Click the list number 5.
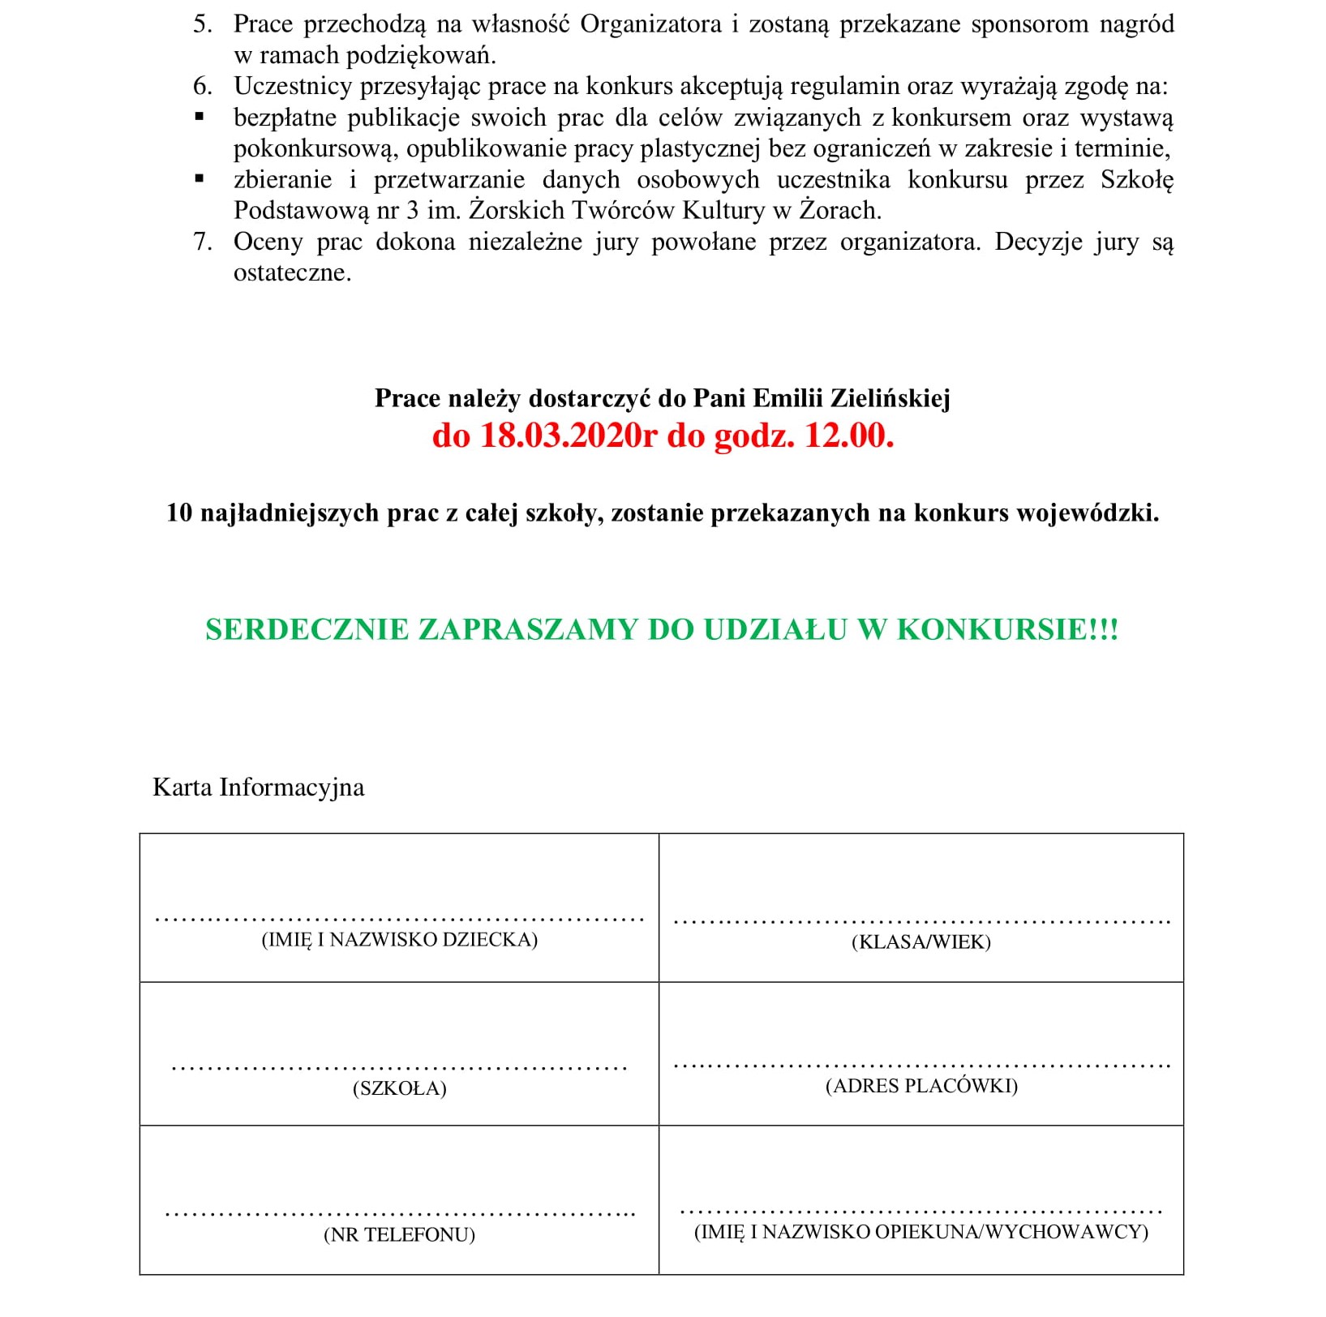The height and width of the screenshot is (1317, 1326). [202, 24]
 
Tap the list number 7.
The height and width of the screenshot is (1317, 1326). [202, 242]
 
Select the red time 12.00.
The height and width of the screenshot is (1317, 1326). [849, 435]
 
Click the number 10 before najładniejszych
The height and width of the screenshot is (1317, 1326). [179, 513]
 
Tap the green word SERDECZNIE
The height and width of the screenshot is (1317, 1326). [307, 630]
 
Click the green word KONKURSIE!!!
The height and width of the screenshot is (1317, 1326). [1007, 630]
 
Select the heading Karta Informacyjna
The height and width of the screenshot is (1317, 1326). [258, 787]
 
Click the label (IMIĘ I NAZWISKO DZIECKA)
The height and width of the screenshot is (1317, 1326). [399, 940]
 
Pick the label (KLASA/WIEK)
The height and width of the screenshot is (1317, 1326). [921, 942]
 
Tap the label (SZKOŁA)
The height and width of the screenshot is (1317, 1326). [399, 1088]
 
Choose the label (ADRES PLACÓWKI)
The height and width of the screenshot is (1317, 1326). [921, 1086]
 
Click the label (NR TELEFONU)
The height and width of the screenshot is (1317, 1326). [399, 1235]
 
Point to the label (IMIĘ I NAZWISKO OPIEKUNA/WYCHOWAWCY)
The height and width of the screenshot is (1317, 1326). [921, 1232]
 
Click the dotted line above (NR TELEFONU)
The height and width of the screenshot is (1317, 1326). [399, 1214]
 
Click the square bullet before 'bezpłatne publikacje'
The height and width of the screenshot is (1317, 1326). [200, 118]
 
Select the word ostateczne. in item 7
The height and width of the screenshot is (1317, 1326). [292, 272]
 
